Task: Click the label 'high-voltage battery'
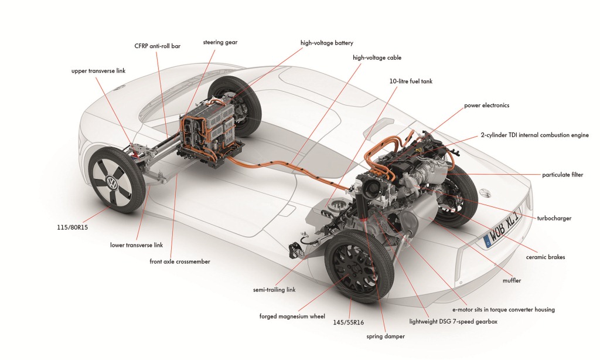click(327, 43)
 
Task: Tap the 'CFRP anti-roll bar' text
click(157, 45)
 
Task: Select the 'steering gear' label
click(220, 42)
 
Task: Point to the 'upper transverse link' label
click(98, 71)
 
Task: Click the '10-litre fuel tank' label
click(411, 81)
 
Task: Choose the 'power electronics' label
click(486, 106)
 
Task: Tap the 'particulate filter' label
click(565, 175)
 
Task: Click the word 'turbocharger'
click(554, 218)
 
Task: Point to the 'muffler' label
click(511, 281)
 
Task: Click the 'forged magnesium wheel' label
click(292, 317)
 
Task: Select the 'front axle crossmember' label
click(180, 261)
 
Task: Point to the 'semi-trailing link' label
click(274, 290)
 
